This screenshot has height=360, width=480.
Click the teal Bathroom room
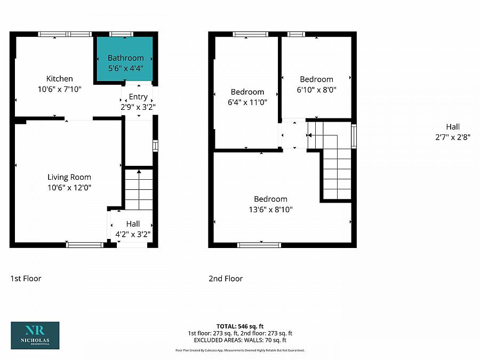pyautogui.click(x=125, y=59)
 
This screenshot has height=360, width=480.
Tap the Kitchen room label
pyautogui.click(x=59, y=79)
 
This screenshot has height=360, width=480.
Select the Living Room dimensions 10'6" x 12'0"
pyautogui.click(x=69, y=187)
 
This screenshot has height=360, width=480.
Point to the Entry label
pyautogui.click(x=138, y=97)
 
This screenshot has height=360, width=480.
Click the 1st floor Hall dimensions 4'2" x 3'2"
pyautogui.click(x=133, y=233)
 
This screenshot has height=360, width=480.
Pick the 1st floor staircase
pyautogui.click(x=139, y=189)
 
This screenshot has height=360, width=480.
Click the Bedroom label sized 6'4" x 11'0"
pyautogui.click(x=247, y=92)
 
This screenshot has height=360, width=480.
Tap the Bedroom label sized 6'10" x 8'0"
pyautogui.click(x=316, y=79)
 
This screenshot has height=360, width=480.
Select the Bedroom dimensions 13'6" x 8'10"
pyautogui.click(x=270, y=210)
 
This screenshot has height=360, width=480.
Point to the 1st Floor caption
pyautogui.click(x=26, y=278)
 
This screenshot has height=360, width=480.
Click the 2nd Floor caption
pyautogui.click(x=226, y=278)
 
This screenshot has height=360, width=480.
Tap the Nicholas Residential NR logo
pyautogui.click(x=35, y=335)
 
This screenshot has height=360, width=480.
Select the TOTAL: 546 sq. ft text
pyautogui.click(x=239, y=326)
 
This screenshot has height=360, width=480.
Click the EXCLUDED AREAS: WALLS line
pyautogui.click(x=239, y=340)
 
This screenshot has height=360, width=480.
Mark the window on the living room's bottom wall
pyautogui.click(x=85, y=245)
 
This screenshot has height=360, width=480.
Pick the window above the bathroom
pyautogui.click(x=121, y=34)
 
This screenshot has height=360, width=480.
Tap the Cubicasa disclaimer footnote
pyautogui.click(x=239, y=350)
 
